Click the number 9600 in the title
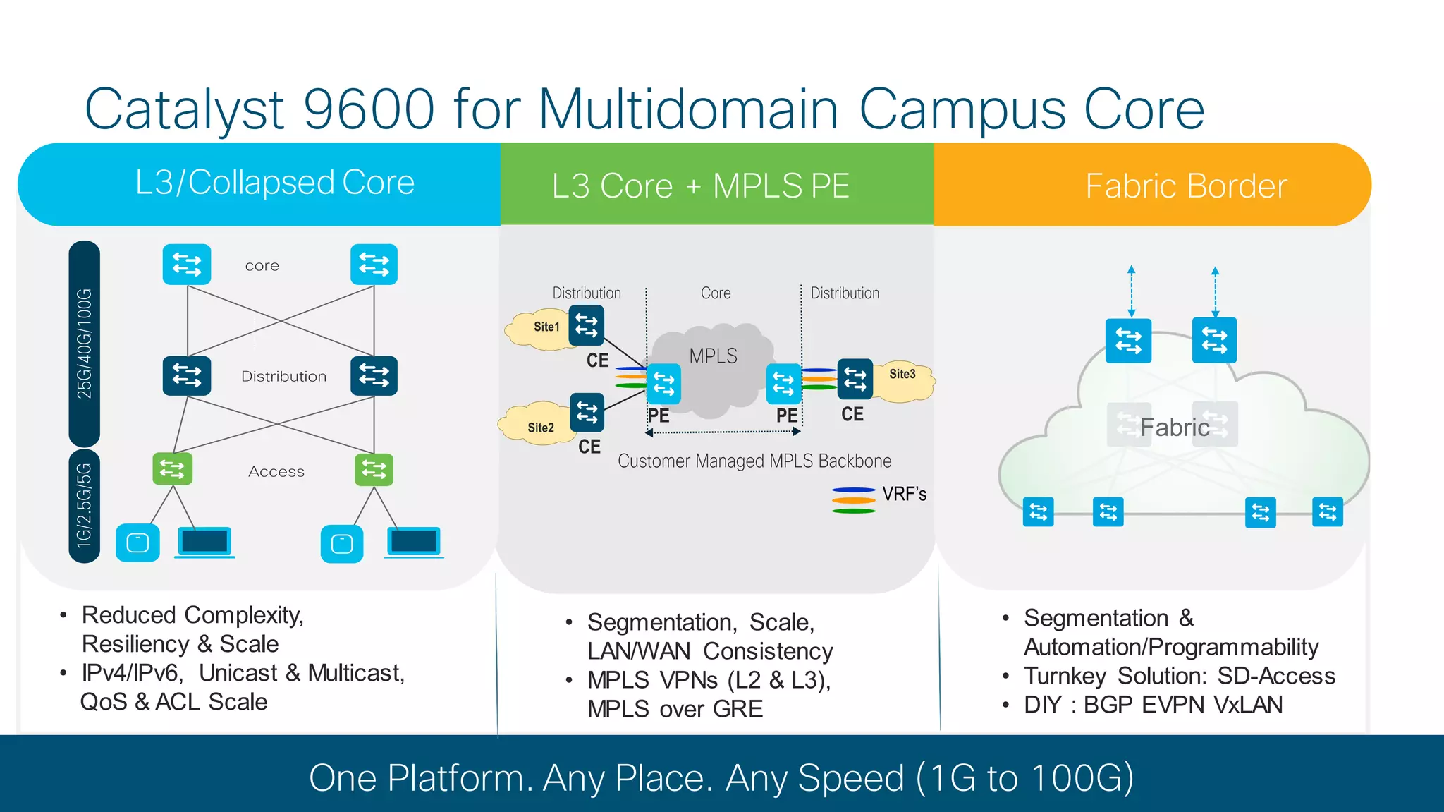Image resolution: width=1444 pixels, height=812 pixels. click(x=369, y=109)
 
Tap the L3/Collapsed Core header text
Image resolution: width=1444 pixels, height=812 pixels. click(x=274, y=183)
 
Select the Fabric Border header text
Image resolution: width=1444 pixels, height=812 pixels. click(x=1185, y=186)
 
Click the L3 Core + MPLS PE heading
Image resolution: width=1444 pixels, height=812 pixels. click(x=700, y=186)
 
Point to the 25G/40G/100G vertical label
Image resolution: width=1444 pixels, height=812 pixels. click(x=85, y=344)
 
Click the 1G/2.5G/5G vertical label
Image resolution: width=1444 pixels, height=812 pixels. click(x=85, y=506)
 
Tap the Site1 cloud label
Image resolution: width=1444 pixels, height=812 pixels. click(x=546, y=327)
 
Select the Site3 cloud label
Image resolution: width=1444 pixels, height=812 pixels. click(x=902, y=374)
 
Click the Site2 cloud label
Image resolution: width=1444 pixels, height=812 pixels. click(x=541, y=428)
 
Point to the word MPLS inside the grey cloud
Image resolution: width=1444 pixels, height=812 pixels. click(x=713, y=356)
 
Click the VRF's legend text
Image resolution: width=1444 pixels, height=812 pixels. click(x=904, y=495)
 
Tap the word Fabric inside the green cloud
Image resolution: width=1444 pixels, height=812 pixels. click(x=1174, y=428)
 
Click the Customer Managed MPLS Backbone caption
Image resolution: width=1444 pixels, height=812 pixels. click(x=754, y=461)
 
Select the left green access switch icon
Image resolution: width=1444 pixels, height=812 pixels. click(x=172, y=468)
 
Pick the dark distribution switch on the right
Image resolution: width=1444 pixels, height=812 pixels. click(x=374, y=375)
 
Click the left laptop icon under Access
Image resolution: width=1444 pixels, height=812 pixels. click(x=204, y=542)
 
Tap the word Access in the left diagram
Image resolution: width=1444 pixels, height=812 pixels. click(x=276, y=471)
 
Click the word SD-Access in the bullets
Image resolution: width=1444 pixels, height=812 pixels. click(x=1276, y=676)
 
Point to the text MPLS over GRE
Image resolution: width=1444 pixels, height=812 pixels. click(x=675, y=709)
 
